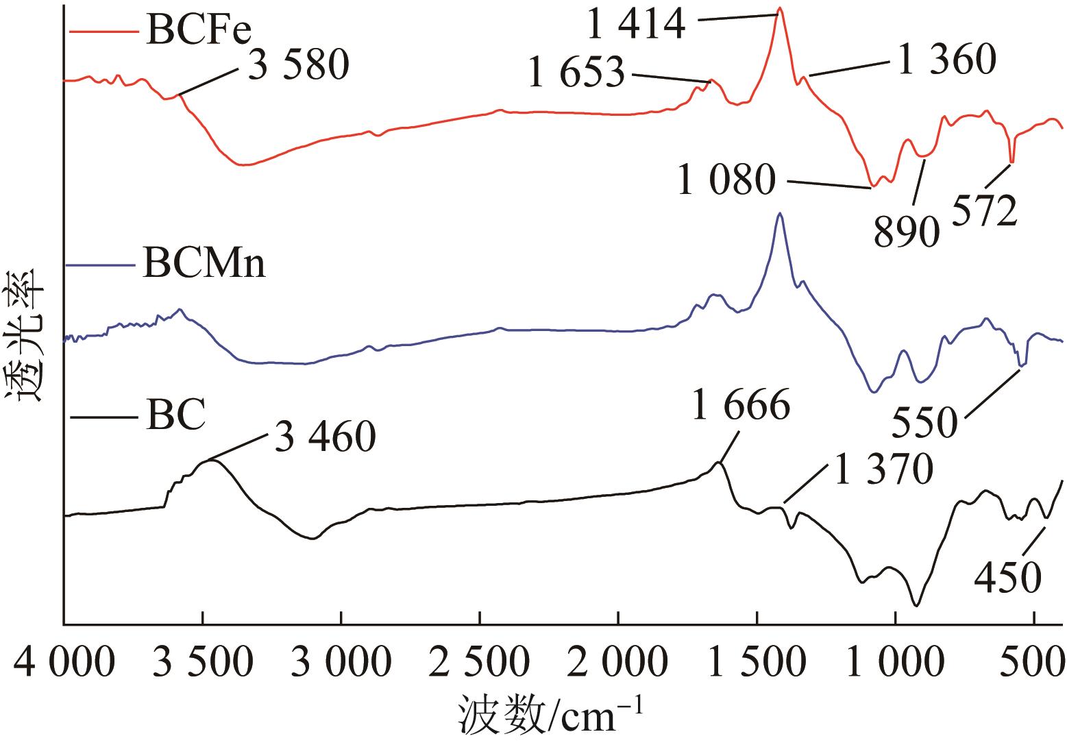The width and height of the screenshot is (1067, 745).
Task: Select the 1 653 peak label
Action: point(576,73)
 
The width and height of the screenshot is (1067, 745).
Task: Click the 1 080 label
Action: point(726,182)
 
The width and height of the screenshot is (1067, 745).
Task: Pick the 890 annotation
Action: point(906,232)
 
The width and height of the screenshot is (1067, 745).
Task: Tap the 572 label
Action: point(983,212)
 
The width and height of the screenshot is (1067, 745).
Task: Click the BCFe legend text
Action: point(195,31)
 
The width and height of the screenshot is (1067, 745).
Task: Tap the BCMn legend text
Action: point(204,264)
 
